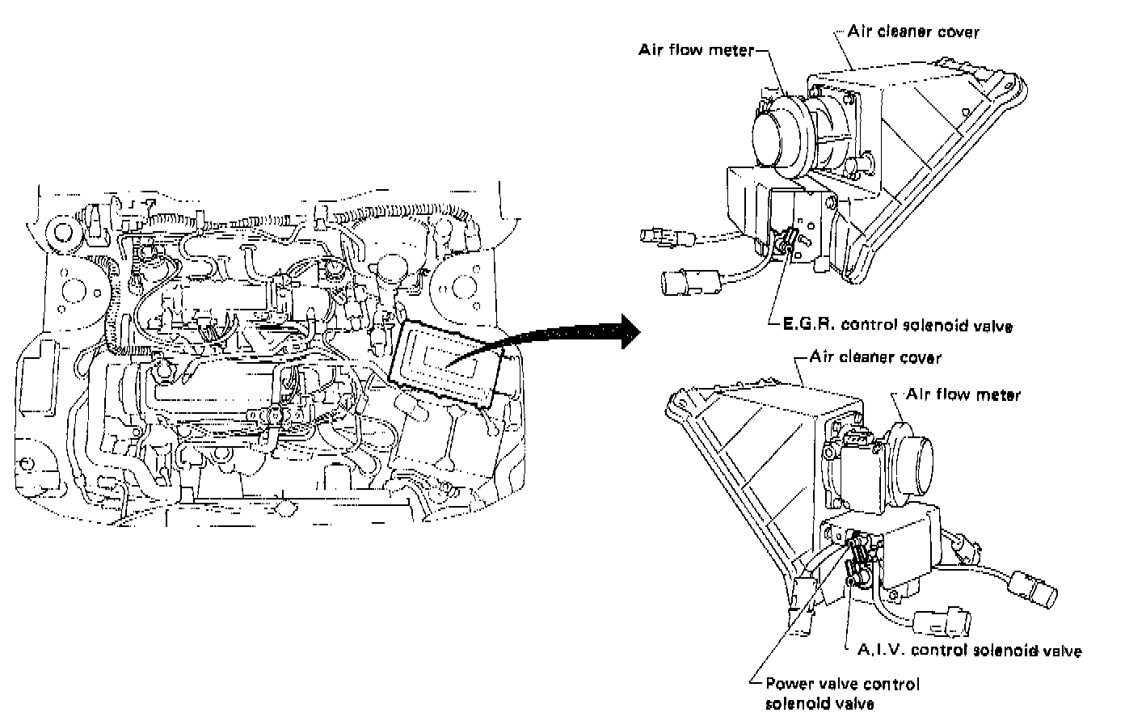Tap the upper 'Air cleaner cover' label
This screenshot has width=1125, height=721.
pyautogui.click(x=913, y=32)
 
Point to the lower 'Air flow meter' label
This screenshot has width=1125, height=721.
pyautogui.click(x=963, y=394)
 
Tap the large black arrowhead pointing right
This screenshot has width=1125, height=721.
pyautogui.click(x=626, y=331)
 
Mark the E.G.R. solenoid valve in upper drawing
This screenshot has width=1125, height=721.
pyautogui.click(x=786, y=242)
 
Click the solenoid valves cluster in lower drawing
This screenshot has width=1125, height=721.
pyautogui.click(x=859, y=558)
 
